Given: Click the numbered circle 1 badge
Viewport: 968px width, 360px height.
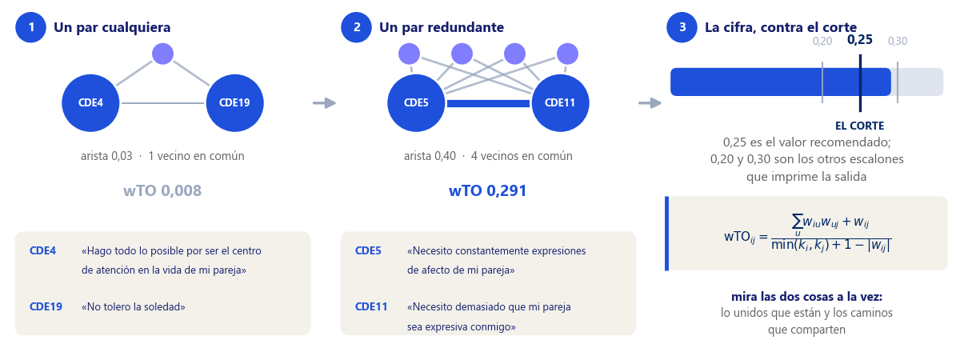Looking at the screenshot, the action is [30, 27].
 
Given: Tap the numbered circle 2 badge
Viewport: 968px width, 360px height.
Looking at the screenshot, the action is [356, 27].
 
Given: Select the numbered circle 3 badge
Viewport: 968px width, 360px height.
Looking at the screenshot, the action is [682, 27].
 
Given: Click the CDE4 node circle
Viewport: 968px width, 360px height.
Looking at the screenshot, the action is [90, 103].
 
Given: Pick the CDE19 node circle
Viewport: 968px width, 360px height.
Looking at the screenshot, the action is [234, 103].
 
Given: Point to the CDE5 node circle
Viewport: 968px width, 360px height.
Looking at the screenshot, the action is [416, 103].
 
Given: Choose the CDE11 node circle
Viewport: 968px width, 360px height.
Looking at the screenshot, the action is [560, 103].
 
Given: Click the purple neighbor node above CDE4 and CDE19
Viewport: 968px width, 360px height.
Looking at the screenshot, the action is [163, 54].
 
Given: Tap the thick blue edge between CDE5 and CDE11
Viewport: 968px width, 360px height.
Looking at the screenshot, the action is [488, 103].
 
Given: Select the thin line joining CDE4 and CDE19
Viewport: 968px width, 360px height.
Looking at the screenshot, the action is [163, 103].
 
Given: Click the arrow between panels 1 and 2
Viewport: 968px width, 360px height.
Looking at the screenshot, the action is [325, 103].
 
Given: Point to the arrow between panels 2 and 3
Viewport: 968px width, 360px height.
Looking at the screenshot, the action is [650, 103].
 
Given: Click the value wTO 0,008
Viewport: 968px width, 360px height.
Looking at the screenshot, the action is [162, 190].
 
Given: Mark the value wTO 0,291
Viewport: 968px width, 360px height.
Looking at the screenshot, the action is [488, 190].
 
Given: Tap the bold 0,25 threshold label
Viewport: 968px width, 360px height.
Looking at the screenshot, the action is [859, 40].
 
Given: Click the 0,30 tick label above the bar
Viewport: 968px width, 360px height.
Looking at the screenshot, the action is [898, 41].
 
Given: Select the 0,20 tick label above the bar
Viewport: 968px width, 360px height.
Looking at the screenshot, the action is [822, 41].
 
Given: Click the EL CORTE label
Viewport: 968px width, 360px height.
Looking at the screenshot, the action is [859, 126].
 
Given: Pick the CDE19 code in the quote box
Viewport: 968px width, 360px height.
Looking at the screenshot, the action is [46, 307].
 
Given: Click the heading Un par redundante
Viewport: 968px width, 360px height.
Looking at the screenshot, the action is [442, 27].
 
